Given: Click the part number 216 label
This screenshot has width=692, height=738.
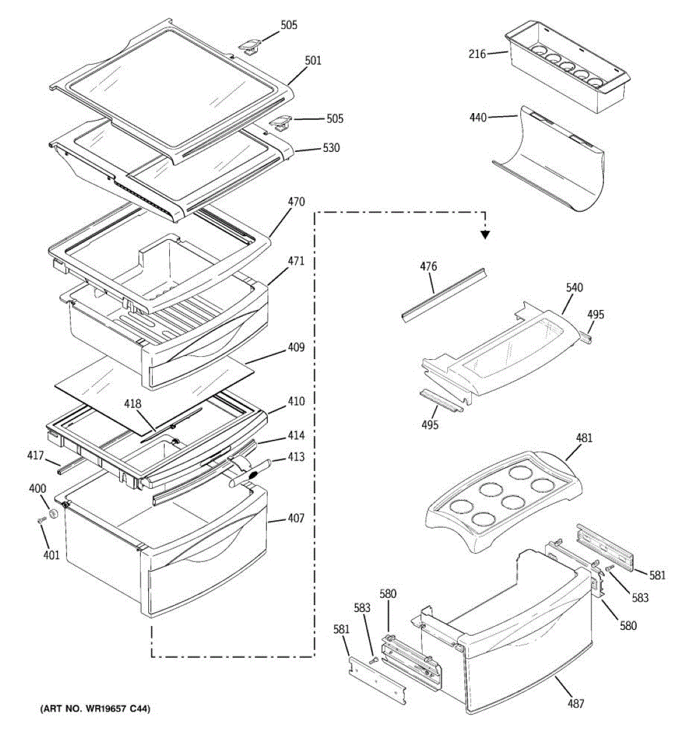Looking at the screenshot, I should pyautogui.click(x=477, y=54).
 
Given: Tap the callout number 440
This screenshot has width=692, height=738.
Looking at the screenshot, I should pyautogui.click(x=478, y=117).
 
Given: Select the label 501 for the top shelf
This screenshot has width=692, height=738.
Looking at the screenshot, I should pyautogui.click(x=313, y=61).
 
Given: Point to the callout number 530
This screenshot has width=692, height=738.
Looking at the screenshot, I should pyautogui.click(x=331, y=148).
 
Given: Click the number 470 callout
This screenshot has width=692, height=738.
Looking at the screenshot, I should pyautogui.click(x=296, y=202).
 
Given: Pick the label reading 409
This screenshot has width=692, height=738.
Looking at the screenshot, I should pyautogui.click(x=296, y=348).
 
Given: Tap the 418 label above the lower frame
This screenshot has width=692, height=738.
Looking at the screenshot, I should pyautogui.click(x=133, y=404).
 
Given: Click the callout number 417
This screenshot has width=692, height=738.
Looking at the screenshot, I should pyautogui.click(x=35, y=456).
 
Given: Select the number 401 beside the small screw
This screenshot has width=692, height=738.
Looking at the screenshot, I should pyautogui.click(x=52, y=555).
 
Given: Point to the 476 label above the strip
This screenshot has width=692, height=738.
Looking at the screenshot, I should pyautogui.click(x=429, y=267).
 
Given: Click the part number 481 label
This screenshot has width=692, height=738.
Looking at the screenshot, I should pyautogui.click(x=584, y=438).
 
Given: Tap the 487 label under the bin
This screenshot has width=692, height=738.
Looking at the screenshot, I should pyautogui.click(x=576, y=704).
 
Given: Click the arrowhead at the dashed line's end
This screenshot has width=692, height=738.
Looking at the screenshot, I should pyautogui.click(x=486, y=234).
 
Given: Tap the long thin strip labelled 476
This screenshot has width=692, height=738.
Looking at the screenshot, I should pyautogui.click(x=444, y=295).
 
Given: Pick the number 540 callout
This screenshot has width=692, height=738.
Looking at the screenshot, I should pyautogui.click(x=575, y=288).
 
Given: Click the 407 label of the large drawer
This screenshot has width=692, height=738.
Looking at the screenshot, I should pyautogui.click(x=296, y=518).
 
